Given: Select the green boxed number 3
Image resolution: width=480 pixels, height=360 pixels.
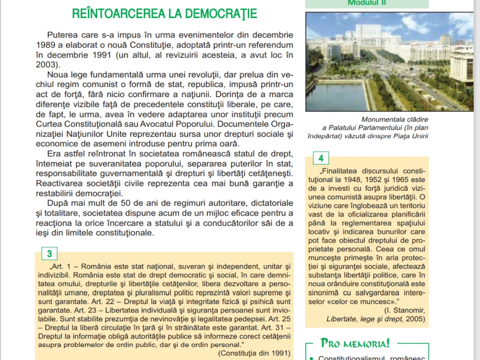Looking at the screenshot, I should tap(50, 254).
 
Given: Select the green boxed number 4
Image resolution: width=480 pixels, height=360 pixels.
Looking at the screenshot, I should tap(321, 158).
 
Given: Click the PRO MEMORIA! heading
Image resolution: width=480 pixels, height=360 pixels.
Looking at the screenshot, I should tap(355, 343).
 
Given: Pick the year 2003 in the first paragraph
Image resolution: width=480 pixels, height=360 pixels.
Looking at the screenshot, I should tap(46, 64).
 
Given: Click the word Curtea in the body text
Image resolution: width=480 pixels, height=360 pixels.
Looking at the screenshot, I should tap(48, 124).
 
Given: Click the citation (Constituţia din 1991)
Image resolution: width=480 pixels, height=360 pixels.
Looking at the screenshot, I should tap(254, 353).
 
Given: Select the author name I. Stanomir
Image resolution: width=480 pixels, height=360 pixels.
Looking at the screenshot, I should tap(404, 310).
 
